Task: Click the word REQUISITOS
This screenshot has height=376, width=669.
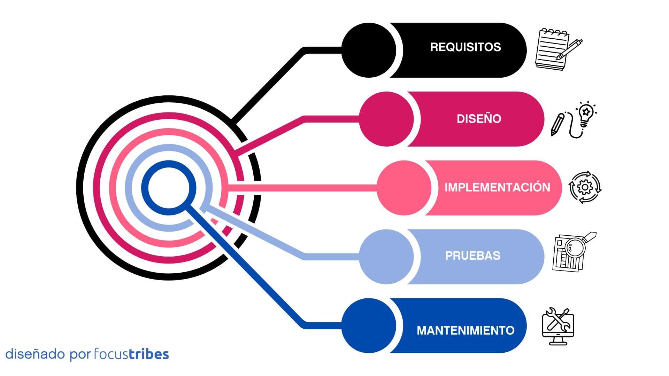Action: click(x=466, y=47)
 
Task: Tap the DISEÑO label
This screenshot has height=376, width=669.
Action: click(x=479, y=119)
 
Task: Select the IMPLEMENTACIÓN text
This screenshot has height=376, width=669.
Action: click(x=497, y=187)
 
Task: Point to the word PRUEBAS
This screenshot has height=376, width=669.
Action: click(x=473, y=256)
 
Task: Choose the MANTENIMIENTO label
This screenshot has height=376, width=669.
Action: click(x=466, y=330)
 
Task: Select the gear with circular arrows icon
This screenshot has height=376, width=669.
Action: click(x=585, y=187)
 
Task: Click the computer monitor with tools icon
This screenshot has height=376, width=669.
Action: click(x=558, y=326)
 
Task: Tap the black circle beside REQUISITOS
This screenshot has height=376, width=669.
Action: click(x=369, y=50)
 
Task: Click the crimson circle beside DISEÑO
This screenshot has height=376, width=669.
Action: click(x=386, y=119)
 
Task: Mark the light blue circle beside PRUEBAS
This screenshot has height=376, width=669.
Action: click(x=386, y=257)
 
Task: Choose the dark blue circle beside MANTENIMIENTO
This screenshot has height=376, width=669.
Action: click(x=369, y=326)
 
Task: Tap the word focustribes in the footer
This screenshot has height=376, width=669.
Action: click(x=132, y=354)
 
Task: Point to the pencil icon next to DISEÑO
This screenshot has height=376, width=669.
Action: click(x=558, y=124)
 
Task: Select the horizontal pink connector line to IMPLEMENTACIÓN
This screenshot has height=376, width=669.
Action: click(x=302, y=188)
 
